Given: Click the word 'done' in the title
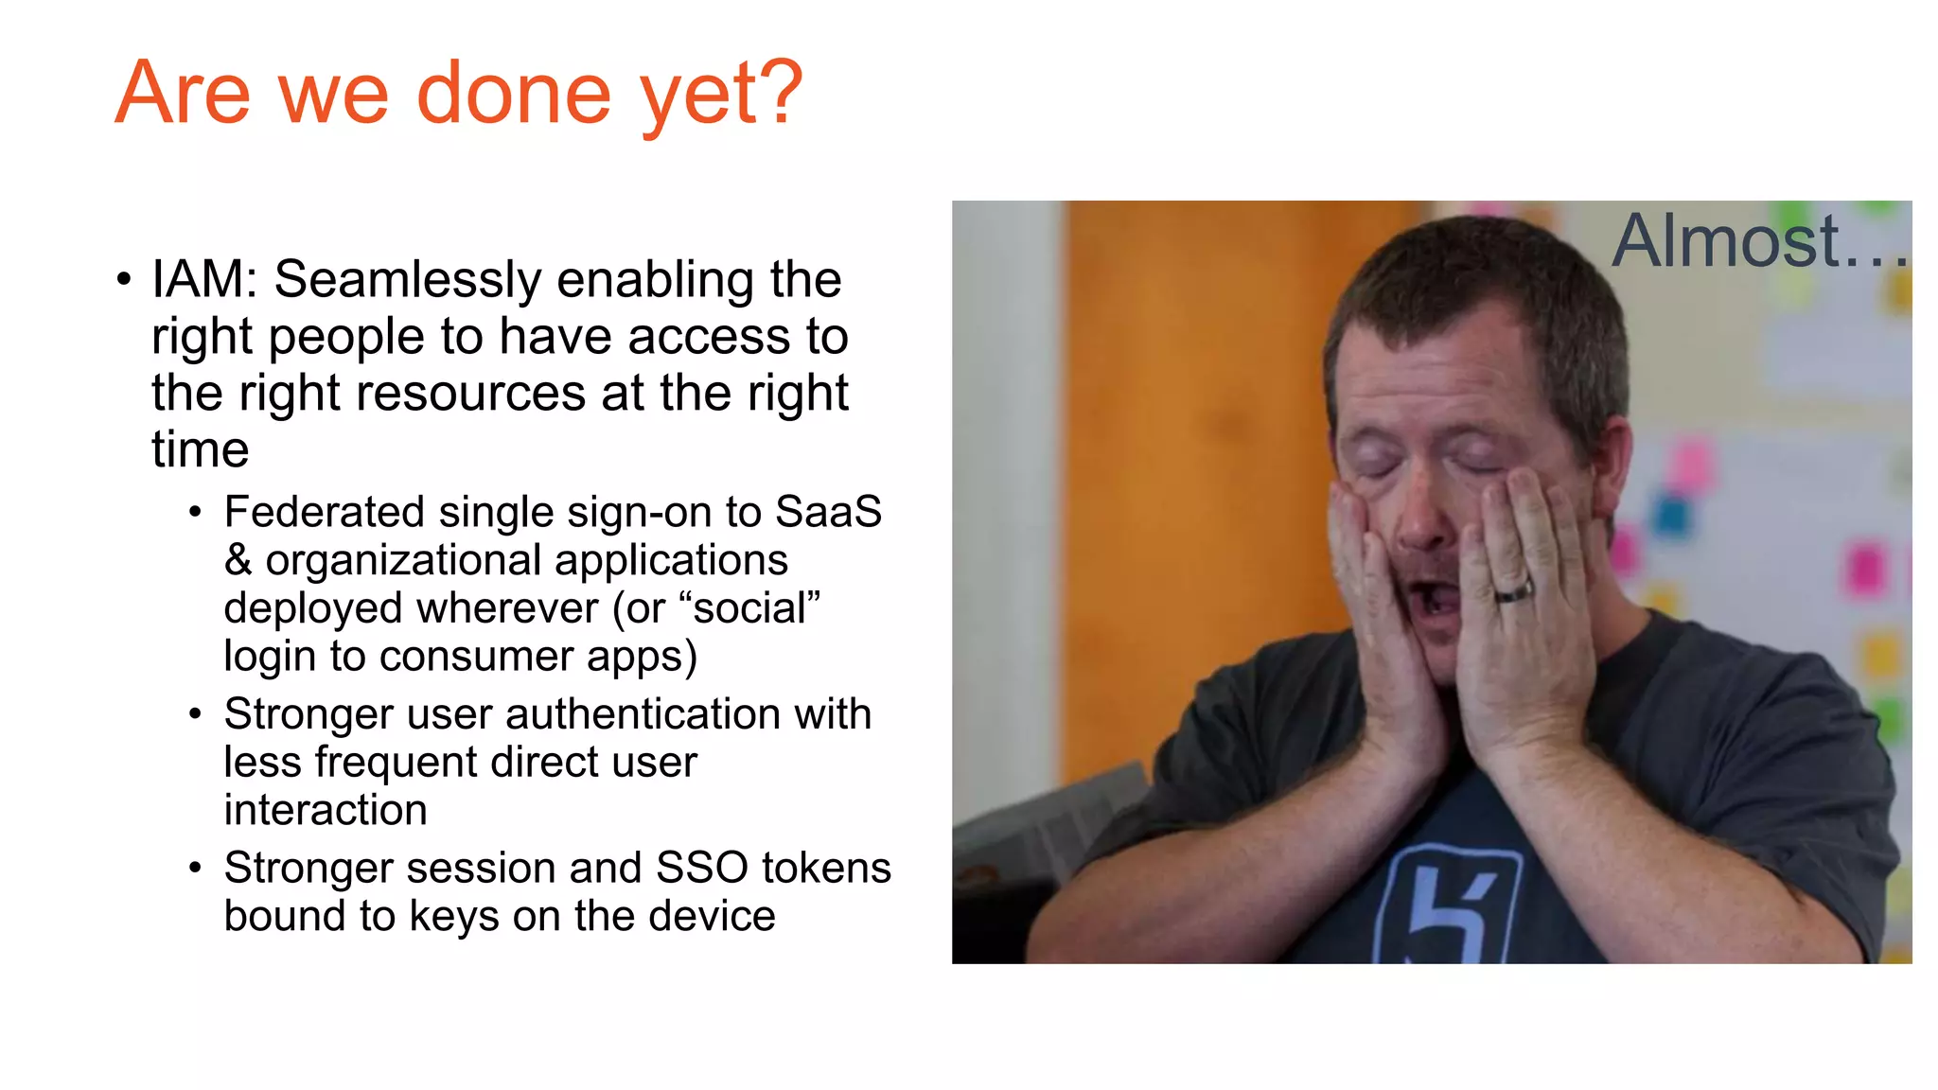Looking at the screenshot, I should click(x=514, y=94).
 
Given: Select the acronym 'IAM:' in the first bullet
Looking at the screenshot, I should click(x=204, y=280).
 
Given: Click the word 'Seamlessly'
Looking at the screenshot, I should click(x=407, y=281).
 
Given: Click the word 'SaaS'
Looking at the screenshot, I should click(x=828, y=512).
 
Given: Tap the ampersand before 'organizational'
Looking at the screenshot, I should click(x=238, y=560).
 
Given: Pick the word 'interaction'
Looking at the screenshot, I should click(x=326, y=811).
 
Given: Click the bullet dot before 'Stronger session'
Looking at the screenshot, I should click(x=195, y=868).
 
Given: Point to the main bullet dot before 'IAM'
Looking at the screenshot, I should click(x=124, y=280).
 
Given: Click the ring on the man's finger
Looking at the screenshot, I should click(x=1513, y=592).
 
